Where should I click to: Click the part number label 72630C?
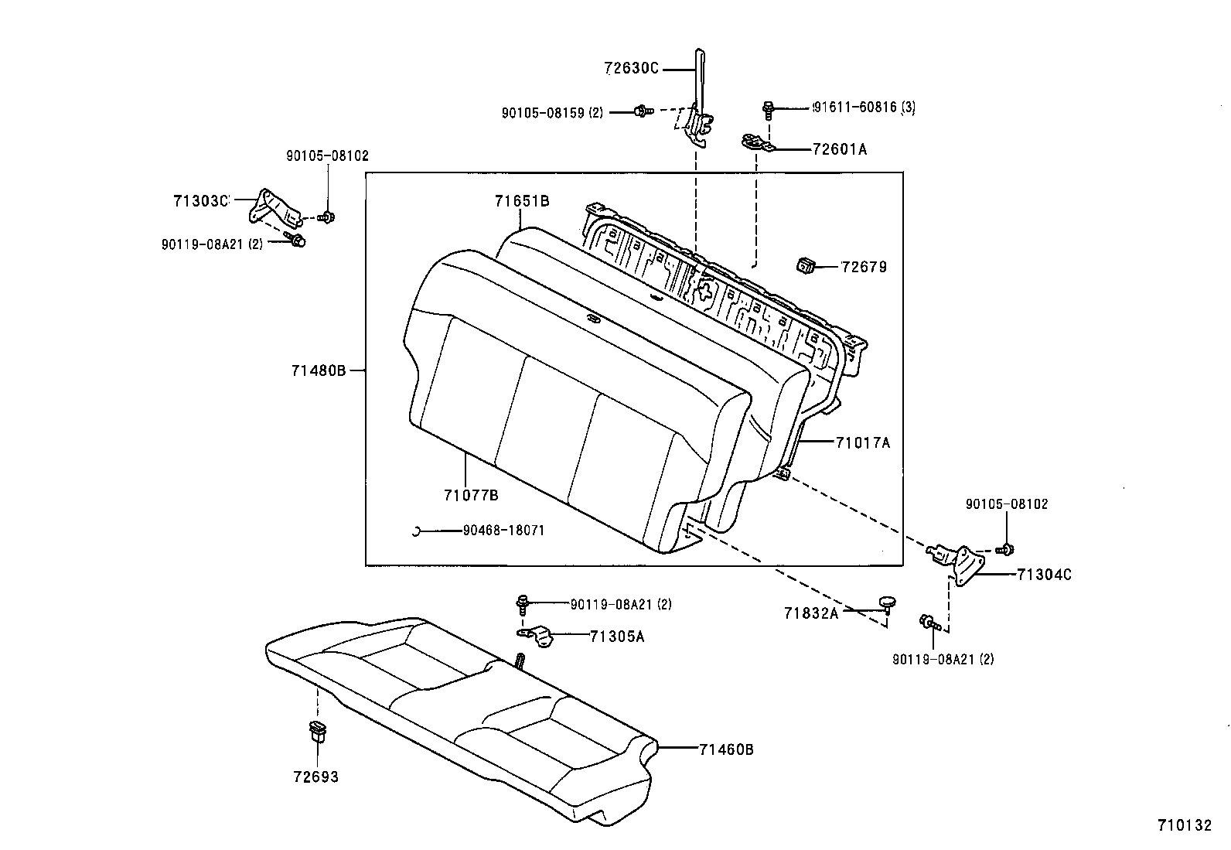[x=631, y=69]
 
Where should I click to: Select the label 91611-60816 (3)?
[x=864, y=108]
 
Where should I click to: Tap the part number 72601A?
[x=839, y=149]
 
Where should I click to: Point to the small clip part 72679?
[x=806, y=267]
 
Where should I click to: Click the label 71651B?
[x=522, y=201]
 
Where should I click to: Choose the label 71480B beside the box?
[x=319, y=370]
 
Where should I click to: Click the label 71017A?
[x=862, y=443]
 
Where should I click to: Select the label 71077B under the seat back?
[x=471, y=495]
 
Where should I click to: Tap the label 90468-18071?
[x=503, y=531]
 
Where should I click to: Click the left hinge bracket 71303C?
[x=272, y=207]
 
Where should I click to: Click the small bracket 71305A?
[x=537, y=636]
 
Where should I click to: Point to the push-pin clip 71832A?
[x=887, y=602]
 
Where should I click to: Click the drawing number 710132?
[x=1184, y=826]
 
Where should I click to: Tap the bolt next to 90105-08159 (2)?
[x=643, y=112]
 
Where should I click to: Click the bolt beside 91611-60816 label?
[x=768, y=108]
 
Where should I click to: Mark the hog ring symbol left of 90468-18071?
[x=415, y=531]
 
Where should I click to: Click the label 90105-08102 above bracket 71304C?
[x=1007, y=504]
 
